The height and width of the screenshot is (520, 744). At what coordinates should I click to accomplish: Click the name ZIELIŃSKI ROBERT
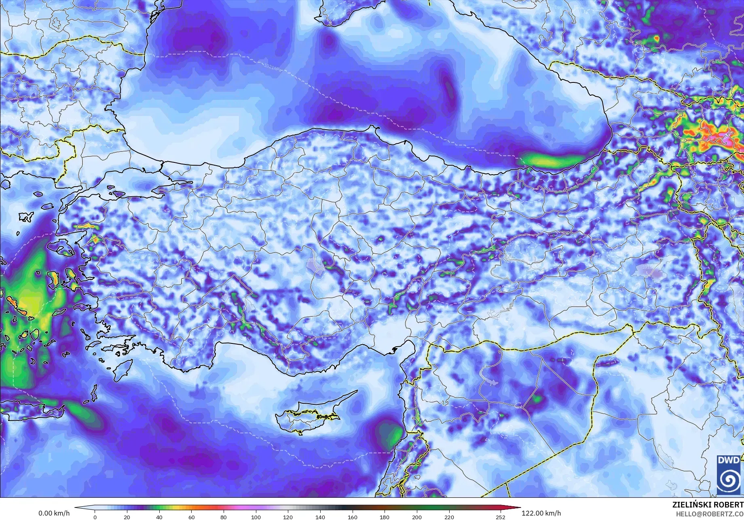[x=708, y=505]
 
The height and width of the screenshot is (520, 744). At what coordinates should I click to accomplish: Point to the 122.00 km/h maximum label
[x=541, y=513]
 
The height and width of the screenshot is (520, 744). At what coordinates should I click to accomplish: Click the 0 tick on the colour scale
[x=95, y=517]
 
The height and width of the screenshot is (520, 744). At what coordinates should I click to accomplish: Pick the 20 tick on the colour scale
[x=127, y=517]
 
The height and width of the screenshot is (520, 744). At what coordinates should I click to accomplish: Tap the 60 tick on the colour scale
[x=191, y=517]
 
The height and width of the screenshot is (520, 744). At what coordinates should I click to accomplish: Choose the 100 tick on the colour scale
[x=256, y=517]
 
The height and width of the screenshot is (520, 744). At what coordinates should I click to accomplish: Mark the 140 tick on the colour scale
[x=320, y=517]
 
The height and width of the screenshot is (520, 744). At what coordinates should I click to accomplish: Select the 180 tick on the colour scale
[x=385, y=517]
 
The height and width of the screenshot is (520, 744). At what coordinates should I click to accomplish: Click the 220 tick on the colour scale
[x=449, y=517]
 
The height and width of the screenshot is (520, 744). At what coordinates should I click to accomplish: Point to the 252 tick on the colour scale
[x=501, y=517]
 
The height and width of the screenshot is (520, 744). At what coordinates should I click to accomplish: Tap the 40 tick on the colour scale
[x=159, y=517]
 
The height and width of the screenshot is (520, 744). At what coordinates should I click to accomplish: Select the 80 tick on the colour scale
[x=224, y=517]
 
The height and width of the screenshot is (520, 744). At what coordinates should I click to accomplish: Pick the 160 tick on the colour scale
[x=352, y=517]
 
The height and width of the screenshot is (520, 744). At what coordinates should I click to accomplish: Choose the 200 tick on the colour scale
[x=416, y=517]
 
